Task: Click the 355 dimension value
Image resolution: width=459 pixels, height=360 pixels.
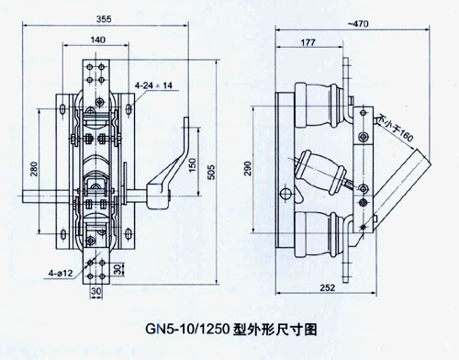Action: tap(104, 19)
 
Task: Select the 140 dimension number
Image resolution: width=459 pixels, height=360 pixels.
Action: tap(98, 39)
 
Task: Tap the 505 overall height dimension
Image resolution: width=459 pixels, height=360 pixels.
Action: tap(212, 173)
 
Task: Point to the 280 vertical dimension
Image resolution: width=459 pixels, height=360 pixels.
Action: tap(34, 169)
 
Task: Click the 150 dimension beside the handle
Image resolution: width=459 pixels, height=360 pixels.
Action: tap(192, 164)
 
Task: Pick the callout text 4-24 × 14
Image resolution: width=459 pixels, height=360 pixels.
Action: tap(153, 85)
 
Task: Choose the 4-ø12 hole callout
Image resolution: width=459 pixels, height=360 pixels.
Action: tap(61, 273)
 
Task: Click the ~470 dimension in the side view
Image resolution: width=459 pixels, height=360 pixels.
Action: tap(358, 24)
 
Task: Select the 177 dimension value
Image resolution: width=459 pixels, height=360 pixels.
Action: tap(308, 42)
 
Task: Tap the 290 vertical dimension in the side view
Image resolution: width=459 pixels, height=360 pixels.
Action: tap(248, 168)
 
